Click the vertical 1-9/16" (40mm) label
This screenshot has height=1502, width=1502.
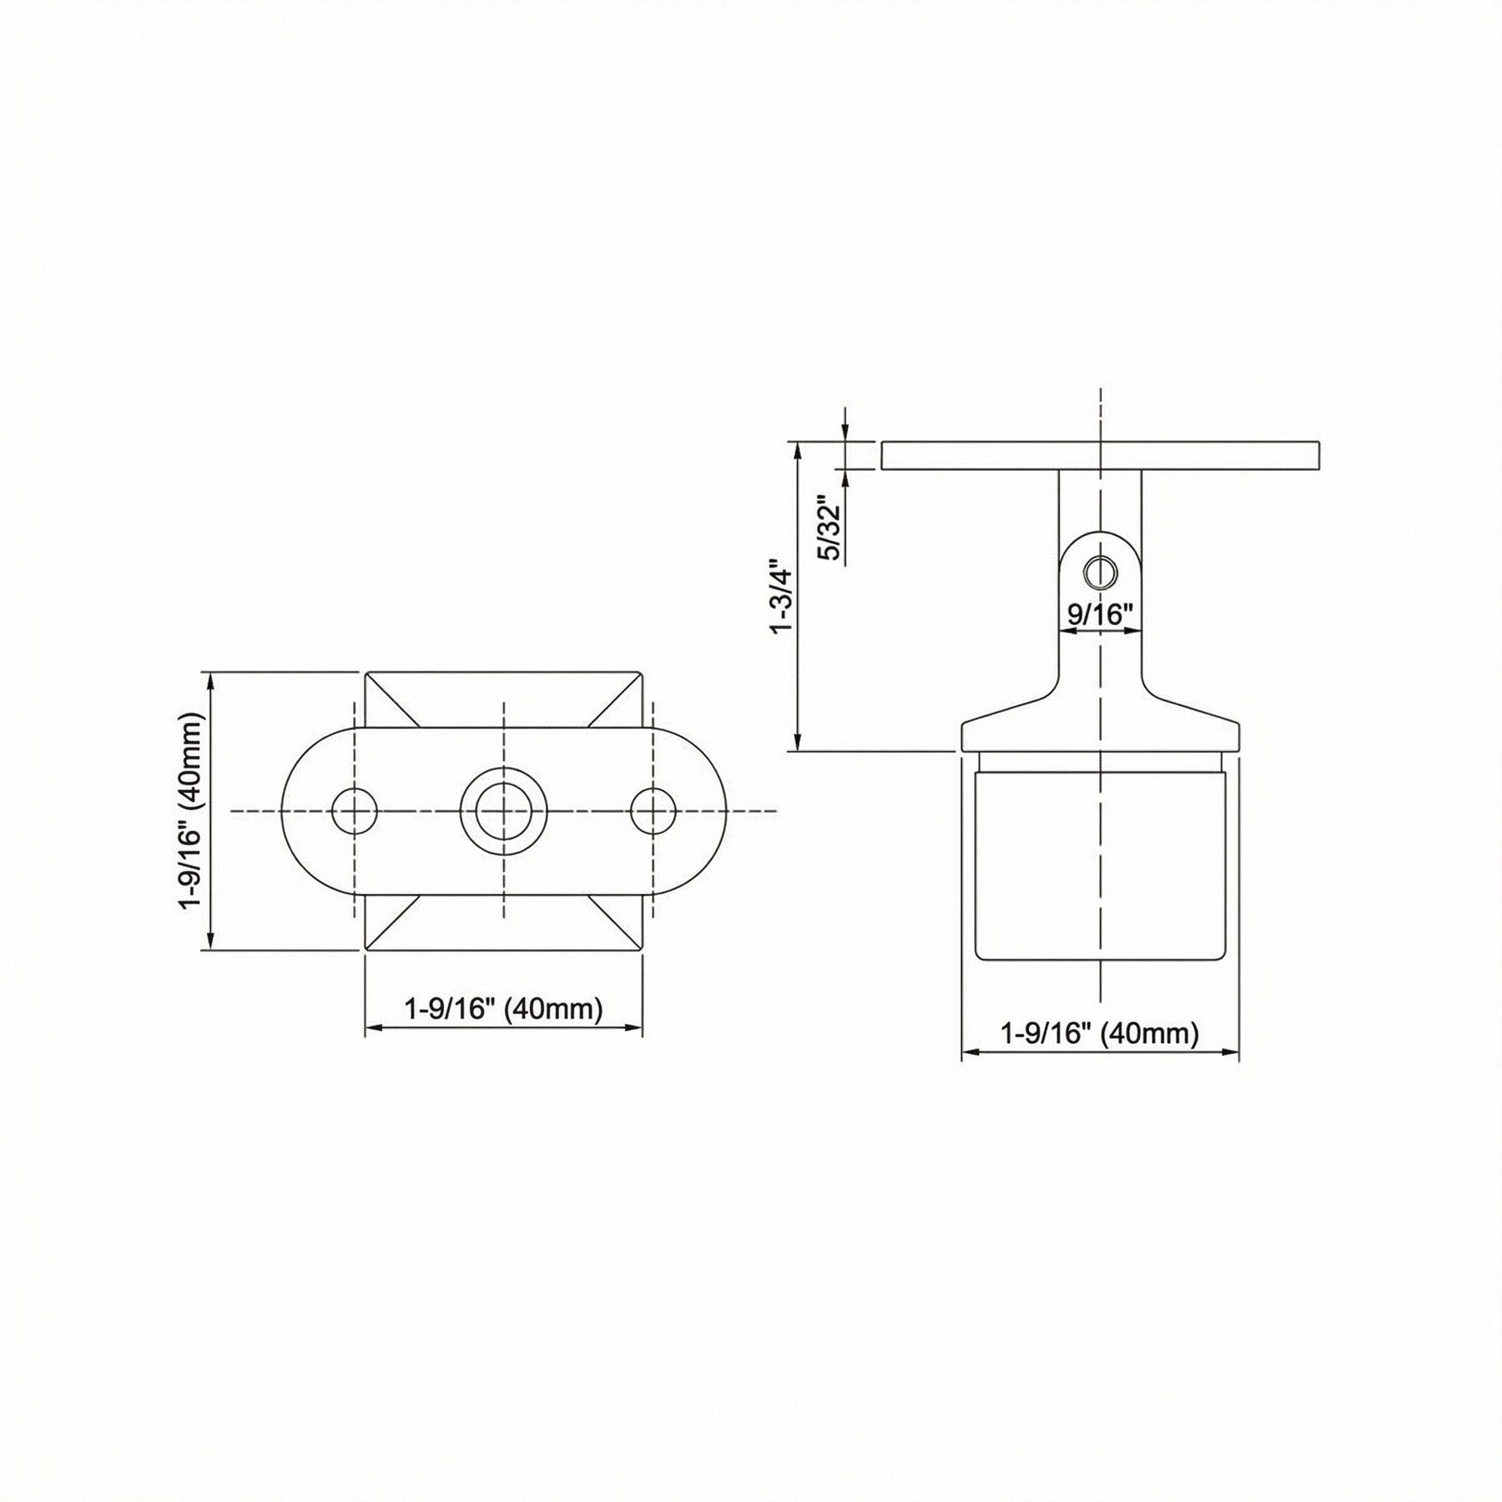pos(192,810)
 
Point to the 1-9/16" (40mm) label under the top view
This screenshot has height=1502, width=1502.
pos(503,1009)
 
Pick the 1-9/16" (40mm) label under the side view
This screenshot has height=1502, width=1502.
pos(1100,1034)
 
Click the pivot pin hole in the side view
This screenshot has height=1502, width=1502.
pos(1100,572)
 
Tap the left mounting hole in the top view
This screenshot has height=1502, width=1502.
pos(355,810)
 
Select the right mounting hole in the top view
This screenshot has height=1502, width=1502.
pos(653,810)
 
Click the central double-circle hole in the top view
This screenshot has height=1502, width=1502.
pos(503,810)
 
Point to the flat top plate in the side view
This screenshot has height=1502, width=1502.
pos(1100,456)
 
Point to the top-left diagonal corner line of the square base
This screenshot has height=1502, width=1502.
pos(392,698)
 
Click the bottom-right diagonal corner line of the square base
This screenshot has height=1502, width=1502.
pos(615,921)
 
